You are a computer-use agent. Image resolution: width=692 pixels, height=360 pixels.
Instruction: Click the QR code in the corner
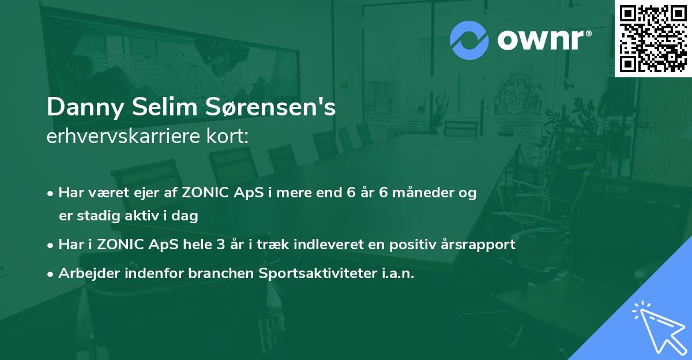[x=653, y=39]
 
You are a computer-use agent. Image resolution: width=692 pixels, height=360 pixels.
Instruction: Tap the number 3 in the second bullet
[x=219, y=245]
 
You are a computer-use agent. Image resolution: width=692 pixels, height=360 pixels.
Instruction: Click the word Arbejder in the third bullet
[x=83, y=273]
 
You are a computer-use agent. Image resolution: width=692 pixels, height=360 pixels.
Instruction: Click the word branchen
[x=213, y=273]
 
